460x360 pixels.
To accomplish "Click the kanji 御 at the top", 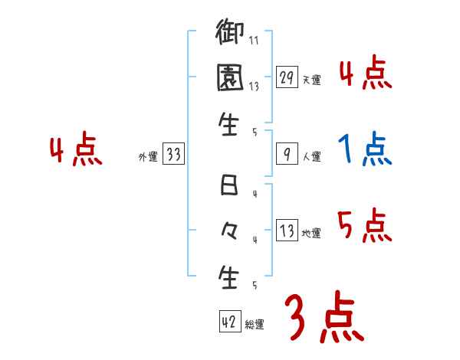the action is point(230,35).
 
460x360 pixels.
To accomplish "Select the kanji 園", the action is point(230,79).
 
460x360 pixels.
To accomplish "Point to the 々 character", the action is point(230,230).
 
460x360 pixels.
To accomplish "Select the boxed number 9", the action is point(287,154).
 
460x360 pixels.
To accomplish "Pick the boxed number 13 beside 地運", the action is point(287,231).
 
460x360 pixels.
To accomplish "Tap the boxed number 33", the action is point(173,154).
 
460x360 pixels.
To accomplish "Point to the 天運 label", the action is point(311,80).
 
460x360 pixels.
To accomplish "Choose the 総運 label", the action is point(255,325).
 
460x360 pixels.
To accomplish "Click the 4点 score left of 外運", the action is point(76,150).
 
